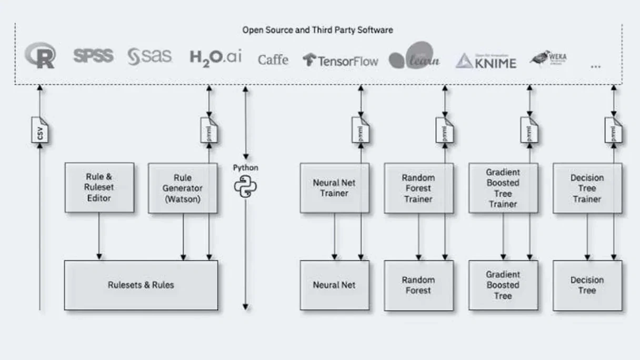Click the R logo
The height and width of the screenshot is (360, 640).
(41, 56)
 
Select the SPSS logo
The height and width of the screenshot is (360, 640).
(93, 56)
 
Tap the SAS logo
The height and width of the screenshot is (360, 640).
(149, 56)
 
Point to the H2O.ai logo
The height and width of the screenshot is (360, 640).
(216, 57)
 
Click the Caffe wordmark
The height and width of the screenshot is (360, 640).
(273, 59)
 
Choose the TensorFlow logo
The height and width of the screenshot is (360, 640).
(341, 61)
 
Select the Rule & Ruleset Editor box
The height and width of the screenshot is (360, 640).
(99, 187)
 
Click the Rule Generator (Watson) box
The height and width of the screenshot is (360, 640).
(183, 188)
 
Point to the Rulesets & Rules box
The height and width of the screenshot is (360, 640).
(141, 285)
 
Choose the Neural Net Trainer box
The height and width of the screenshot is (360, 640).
(334, 188)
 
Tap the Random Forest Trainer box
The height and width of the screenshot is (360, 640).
(418, 188)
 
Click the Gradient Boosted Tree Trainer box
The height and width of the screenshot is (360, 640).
(503, 188)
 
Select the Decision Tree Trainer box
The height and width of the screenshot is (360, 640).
(587, 188)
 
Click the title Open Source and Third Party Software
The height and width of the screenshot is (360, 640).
(317, 30)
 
